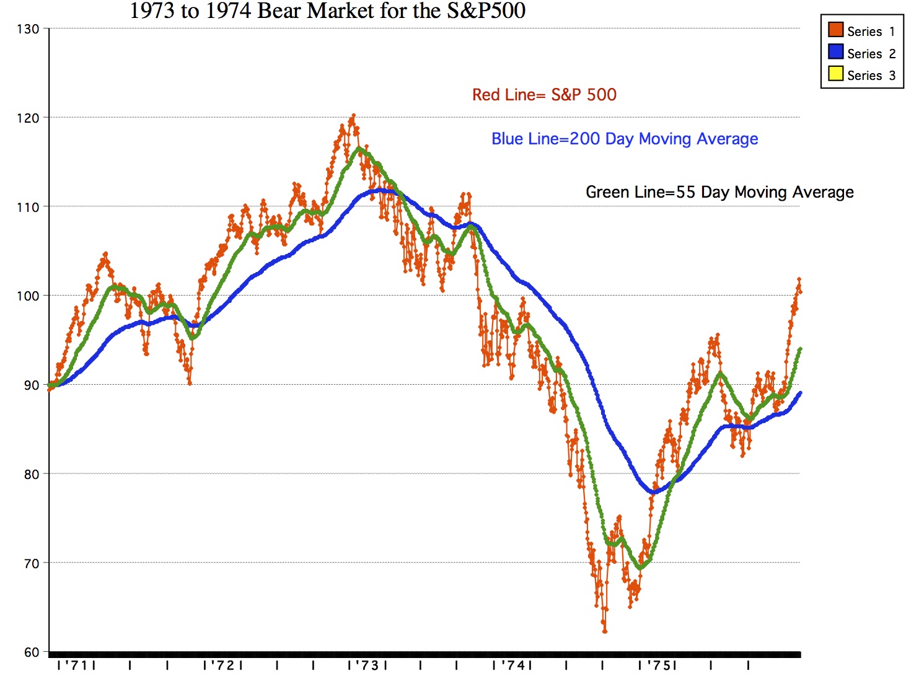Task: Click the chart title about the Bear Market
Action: coord(328,11)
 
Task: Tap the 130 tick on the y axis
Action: coord(28,29)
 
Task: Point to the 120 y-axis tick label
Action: coord(28,118)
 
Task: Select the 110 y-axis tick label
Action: coord(28,207)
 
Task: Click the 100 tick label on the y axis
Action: coord(28,296)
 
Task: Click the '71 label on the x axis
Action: coord(76,665)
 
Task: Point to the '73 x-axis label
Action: coord(368,665)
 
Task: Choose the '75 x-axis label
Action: coord(658,665)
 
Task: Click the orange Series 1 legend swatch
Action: coord(835,30)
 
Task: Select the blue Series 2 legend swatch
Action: coord(835,52)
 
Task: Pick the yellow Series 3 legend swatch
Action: coord(835,74)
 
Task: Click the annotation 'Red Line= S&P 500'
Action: coord(544,95)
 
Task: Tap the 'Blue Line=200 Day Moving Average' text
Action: coord(625,139)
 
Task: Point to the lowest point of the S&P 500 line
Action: coord(605,631)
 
